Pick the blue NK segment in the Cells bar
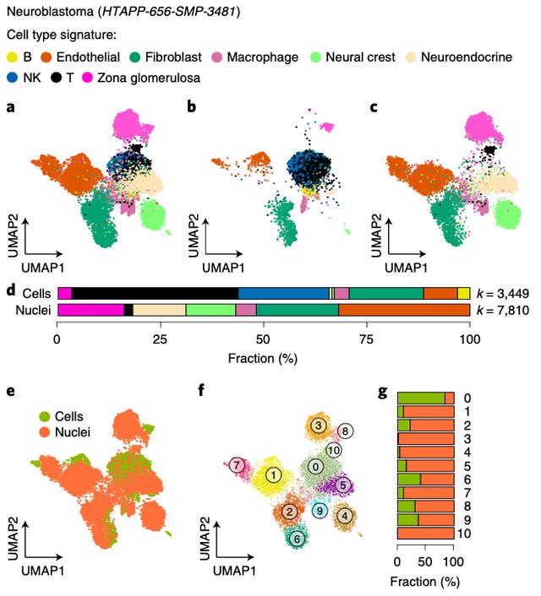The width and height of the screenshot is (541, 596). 284,293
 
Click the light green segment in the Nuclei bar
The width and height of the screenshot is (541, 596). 210,310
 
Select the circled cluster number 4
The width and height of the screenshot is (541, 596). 344,515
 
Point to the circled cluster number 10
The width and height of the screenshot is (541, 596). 335,450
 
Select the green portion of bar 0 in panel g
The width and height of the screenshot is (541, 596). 421,397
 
